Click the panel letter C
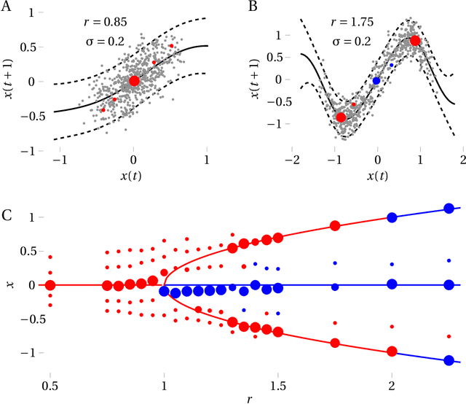click(7, 215)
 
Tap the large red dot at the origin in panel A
click(134, 80)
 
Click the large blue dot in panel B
click(376, 81)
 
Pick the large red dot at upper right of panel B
click(415, 41)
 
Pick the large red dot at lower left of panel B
click(340, 117)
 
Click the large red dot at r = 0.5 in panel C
click(50, 285)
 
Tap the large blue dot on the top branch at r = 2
click(392, 217)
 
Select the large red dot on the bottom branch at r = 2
click(392, 351)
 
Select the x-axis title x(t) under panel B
click(376, 176)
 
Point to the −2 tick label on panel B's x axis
click(293, 160)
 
